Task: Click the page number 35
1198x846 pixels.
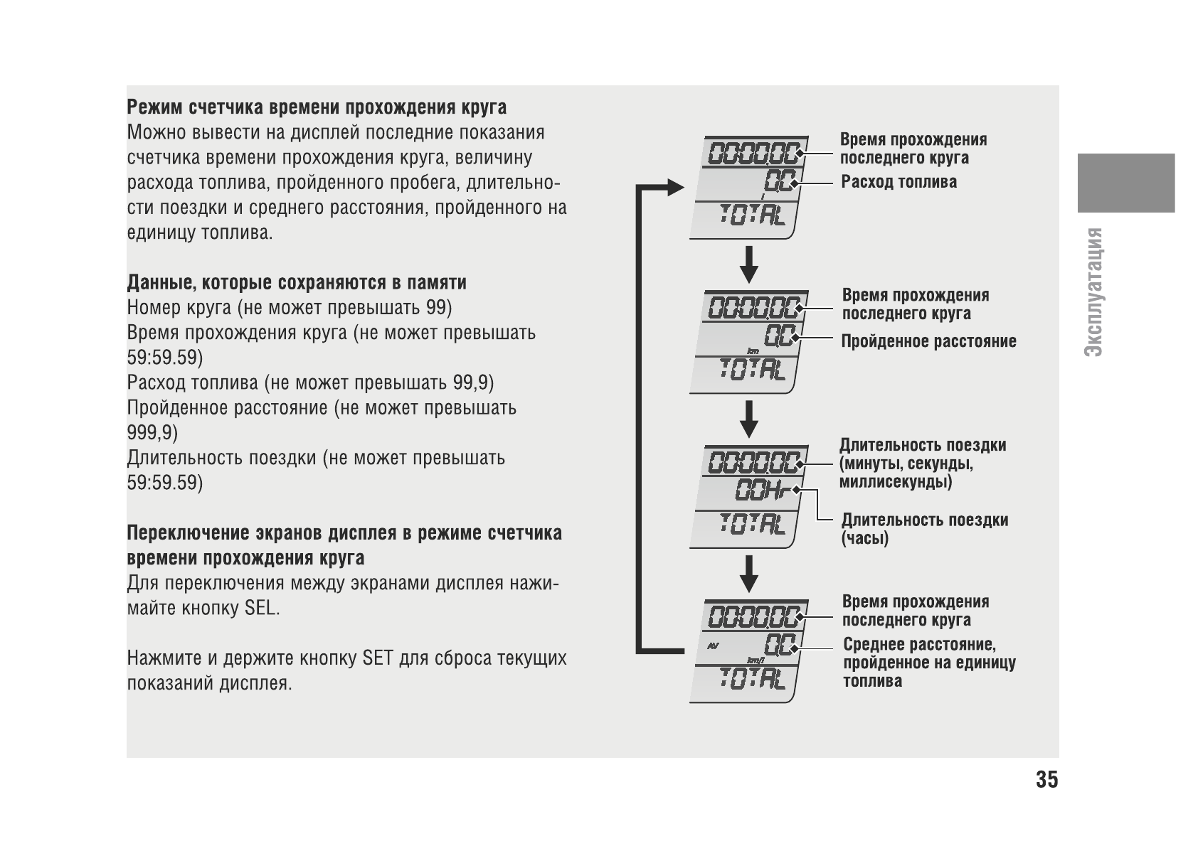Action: pos(1047,780)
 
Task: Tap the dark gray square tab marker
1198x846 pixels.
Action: pos(1125,183)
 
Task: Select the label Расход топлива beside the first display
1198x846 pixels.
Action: pos(899,182)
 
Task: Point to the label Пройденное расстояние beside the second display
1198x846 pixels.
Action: pos(928,342)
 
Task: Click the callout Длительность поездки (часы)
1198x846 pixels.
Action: pos(924,529)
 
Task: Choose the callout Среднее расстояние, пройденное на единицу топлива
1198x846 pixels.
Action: pos(929,663)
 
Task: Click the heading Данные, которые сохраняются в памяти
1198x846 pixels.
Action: pos(297,283)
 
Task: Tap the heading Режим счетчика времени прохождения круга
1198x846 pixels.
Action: pos(317,107)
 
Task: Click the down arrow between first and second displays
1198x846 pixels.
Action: pos(748,264)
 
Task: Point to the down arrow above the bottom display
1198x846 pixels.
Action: pos(748,572)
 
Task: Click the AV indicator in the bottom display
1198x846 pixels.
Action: pos(714,646)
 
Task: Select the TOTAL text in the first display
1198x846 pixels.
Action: pos(753,215)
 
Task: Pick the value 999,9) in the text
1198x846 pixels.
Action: pos(152,433)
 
